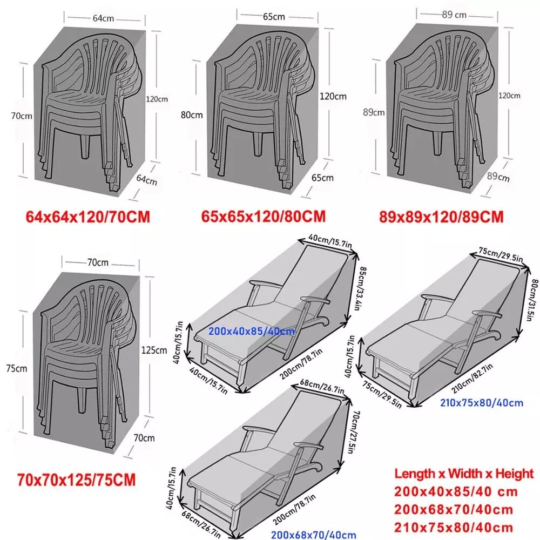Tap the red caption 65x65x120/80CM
264,217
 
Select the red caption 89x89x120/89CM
441,217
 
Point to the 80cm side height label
192,114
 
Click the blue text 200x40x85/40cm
252,330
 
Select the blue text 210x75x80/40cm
482,402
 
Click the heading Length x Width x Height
464,474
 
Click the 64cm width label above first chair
103,18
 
